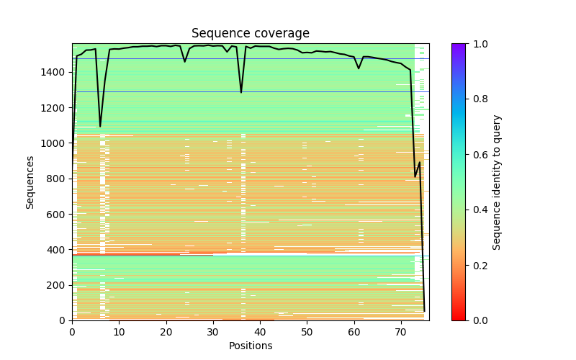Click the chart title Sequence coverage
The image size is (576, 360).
click(x=251, y=34)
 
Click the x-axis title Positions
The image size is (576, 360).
click(x=251, y=346)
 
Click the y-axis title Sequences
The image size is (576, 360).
click(x=30, y=181)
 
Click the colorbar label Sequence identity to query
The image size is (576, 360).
click(x=497, y=181)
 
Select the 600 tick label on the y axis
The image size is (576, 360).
click(x=57, y=214)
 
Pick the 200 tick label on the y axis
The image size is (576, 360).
click(x=57, y=285)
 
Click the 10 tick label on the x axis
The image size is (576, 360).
click(x=119, y=332)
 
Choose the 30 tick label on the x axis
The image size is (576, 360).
click(x=213, y=332)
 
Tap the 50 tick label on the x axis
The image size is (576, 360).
click(x=307, y=332)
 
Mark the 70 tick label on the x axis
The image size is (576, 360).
click(x=401, y=332)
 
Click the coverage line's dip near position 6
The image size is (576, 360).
click(x=100, y=127)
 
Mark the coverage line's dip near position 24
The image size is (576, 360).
click(x=185, y=62)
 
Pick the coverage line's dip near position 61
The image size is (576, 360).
click(x=359, y=68)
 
